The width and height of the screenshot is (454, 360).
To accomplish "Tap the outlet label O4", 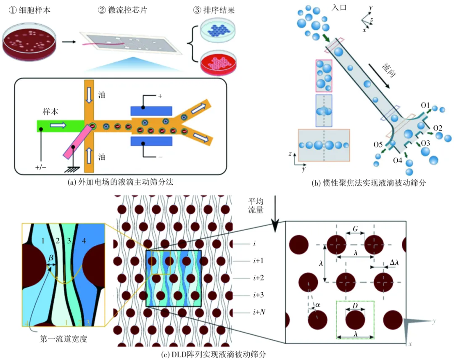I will click(x=398, y=160).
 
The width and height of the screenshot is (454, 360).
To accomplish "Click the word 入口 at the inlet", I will click(x=339, y=8).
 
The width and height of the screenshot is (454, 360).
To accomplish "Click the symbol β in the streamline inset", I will click(x=50, y=264).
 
